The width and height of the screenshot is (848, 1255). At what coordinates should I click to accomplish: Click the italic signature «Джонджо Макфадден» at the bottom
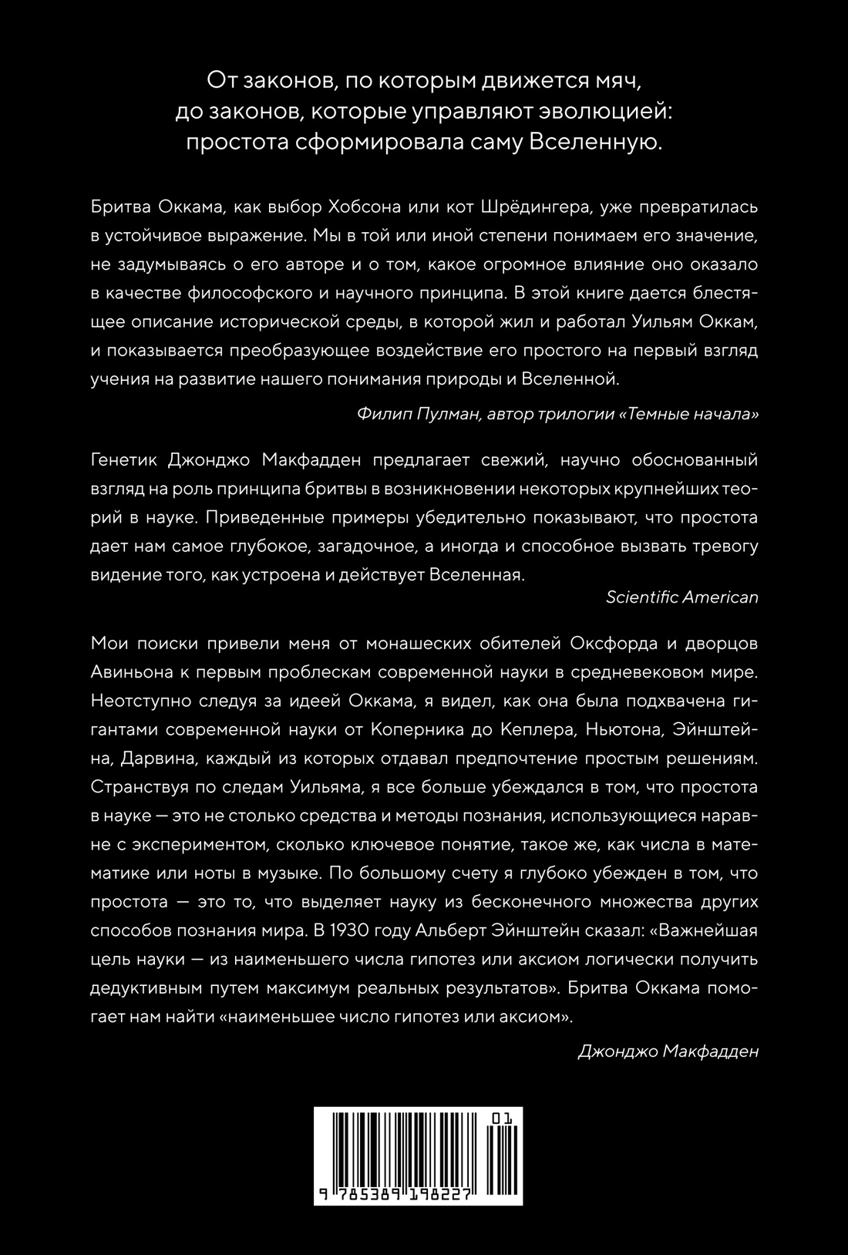[x=668, y=1051]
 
